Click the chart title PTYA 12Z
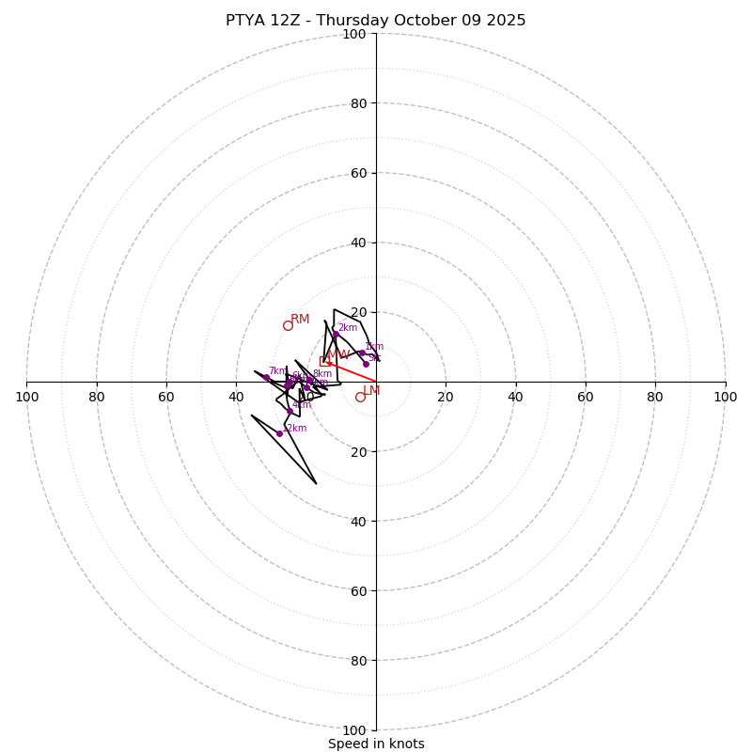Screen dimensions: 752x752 point(375,21)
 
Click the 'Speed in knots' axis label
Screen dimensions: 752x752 point(376,744)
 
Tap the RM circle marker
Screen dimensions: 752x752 point(288,326)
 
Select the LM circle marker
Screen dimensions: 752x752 point(360,398)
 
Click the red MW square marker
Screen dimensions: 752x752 point(324,361)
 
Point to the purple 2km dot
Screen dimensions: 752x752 point(335,335)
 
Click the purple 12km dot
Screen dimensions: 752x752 point(279,433)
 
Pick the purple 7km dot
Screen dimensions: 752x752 point(266,377)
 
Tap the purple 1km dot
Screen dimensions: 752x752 point(362,352)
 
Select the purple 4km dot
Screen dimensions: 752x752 point(290,411)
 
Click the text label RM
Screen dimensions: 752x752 point(300,320)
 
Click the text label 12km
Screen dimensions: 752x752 point(295,429)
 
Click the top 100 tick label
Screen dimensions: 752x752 point(353,34)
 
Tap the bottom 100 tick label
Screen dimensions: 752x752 point(353,730)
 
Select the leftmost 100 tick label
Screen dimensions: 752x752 point(26,397)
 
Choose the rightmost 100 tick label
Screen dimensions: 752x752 point(725,397)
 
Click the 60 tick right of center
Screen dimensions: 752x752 point(585,397)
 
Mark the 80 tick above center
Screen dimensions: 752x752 point(357,103)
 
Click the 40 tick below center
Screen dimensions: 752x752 point(357,521)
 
